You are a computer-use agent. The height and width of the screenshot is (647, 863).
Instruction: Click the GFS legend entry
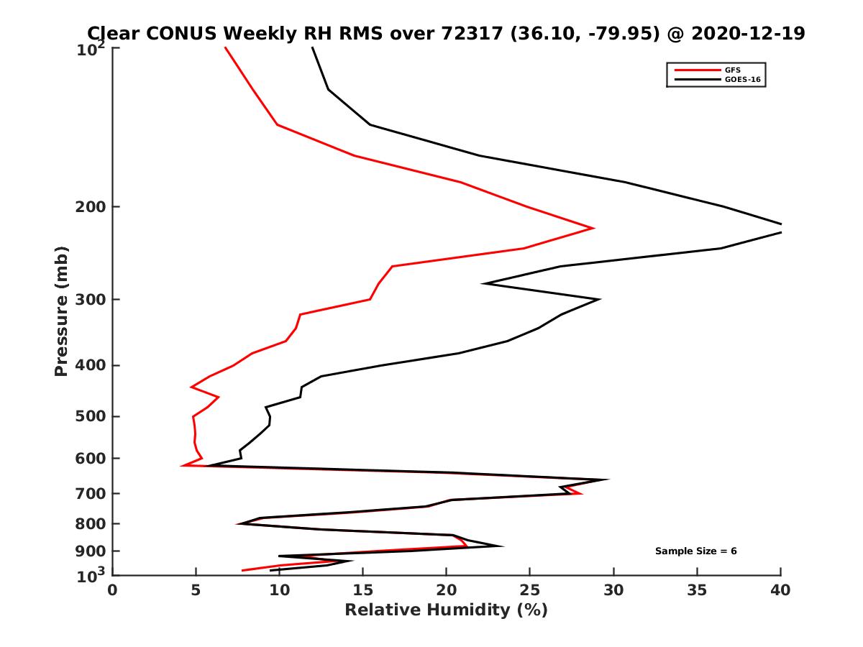tap(734, 70)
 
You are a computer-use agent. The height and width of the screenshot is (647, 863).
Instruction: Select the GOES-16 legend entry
tap(741, 80)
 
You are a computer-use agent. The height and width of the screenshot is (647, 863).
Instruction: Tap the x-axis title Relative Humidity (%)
tap(446, 610)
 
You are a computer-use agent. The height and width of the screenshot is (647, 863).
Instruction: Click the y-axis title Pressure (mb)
tap(61, 311)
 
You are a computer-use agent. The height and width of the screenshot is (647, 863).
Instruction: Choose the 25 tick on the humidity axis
tap(530, 591)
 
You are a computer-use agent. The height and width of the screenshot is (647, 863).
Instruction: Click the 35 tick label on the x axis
tap(697, 591)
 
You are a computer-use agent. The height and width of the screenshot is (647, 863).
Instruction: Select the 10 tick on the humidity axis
tap(279, 591)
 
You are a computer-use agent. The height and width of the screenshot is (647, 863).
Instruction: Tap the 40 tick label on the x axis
tap(780, 591)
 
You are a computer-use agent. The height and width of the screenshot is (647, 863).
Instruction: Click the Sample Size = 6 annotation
tap(695, 551)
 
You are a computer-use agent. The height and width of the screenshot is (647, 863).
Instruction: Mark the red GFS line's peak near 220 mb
tap(593, 228)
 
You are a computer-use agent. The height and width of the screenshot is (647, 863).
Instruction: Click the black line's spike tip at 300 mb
tap(599, 299)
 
